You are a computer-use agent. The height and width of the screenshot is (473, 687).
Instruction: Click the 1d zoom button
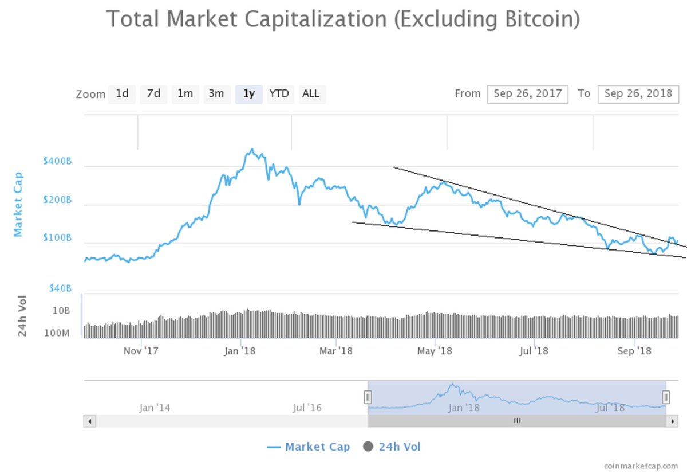[122, 93]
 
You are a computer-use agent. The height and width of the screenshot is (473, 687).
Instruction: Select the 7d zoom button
[153, 93]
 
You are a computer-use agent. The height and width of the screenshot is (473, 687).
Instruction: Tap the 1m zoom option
[185, 93]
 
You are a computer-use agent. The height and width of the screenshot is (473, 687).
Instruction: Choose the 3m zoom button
[216, 93]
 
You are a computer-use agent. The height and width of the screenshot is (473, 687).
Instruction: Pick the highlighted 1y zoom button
[248, 93]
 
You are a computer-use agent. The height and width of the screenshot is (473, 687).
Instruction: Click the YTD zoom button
[279, 93]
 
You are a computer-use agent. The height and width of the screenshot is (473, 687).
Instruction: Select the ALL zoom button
[311, 93]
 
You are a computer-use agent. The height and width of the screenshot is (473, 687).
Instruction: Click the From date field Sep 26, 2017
[527, 94]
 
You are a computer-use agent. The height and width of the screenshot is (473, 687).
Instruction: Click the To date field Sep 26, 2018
[638, 94]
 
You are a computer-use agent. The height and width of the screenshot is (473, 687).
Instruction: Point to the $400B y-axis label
[57, 162]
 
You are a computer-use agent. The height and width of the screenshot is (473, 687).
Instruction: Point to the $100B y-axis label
[57, 237]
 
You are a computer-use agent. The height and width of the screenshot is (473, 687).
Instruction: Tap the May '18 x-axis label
[436, 350]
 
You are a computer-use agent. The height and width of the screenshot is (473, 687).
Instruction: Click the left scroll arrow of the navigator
[89, 421]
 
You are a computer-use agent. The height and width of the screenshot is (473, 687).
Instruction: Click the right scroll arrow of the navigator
[672, 421]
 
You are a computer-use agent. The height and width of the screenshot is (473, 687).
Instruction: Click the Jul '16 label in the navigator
[307, 408]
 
